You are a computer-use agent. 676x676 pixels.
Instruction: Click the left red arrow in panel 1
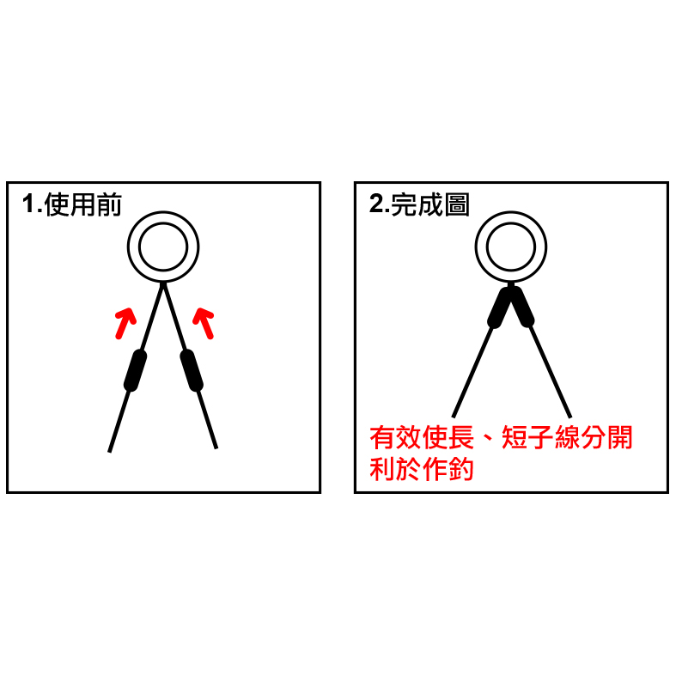[125, 323]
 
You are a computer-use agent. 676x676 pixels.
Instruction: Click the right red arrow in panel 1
[204, 323]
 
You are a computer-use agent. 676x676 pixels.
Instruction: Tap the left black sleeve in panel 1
[136, 370]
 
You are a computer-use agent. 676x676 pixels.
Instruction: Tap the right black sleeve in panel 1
[192, 370]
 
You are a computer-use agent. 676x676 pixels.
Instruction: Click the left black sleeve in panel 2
[500, 307]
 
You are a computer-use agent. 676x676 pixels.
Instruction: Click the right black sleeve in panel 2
[522, 307]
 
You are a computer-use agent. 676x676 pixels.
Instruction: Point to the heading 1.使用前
[72, 204]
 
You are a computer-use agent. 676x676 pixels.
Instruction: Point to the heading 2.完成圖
[419, 204]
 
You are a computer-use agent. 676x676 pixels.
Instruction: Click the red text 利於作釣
[422, 469]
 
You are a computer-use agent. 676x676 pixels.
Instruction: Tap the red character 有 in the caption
[383, 437]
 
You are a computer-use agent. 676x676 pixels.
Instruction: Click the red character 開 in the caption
[619, 437]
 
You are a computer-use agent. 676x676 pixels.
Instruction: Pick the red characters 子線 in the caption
[553, 437]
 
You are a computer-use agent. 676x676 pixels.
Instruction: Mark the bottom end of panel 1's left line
[109, 452]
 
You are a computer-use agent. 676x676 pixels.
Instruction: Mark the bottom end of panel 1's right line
[216, 448]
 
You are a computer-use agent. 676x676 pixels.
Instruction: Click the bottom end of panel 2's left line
[454, 417]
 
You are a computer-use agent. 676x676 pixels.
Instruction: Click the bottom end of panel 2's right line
[570, 417]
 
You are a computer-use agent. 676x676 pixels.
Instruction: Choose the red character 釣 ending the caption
[461, 469]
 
